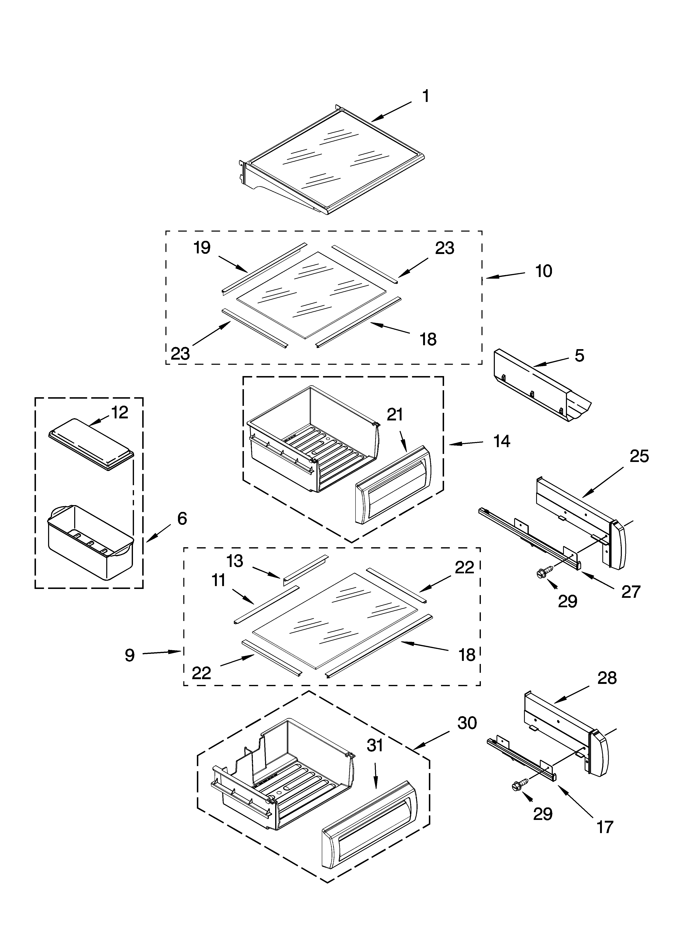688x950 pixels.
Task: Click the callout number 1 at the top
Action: [x=425, y=96]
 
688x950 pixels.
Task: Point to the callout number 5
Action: [x=579, y=356]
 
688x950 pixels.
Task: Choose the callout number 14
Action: [x=502, y=441]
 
